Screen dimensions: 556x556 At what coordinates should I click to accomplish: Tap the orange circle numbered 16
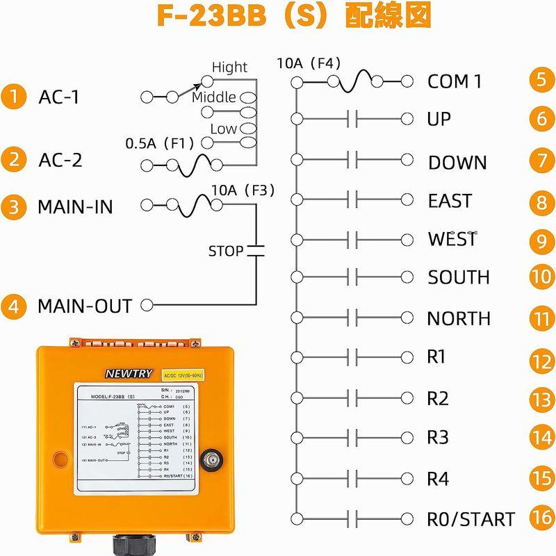coord(541,519)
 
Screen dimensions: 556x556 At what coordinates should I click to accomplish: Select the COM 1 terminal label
coord(455,81)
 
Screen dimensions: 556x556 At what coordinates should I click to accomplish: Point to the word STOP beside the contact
coord(226,250)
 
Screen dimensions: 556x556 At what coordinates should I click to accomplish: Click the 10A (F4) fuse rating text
coord(309,63)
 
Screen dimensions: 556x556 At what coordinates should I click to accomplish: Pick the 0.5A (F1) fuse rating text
coord(159,143)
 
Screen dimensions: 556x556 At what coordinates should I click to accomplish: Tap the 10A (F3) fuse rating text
coord(243,190)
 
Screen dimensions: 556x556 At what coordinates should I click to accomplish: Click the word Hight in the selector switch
coord(229,67)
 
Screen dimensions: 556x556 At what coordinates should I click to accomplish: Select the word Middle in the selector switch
coord(214,97)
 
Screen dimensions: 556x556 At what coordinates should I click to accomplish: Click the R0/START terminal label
coord(471,519)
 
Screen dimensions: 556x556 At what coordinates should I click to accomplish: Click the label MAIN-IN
coord(75,206)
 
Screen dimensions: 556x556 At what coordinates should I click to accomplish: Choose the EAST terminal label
coord(450,201)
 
